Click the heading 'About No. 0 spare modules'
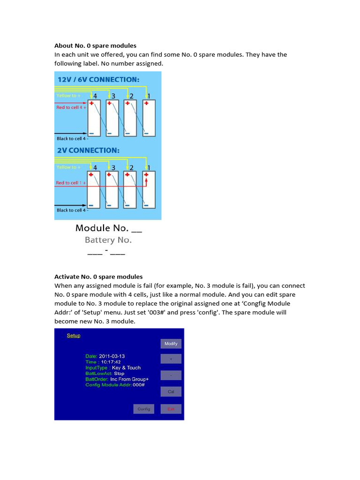[x=95, y=45]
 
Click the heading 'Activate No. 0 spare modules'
[x=98, y=277]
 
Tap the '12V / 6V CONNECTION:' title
[x=98, y=80]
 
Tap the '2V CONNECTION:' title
[x=88, y=150]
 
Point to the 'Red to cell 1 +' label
[x=71, y=183]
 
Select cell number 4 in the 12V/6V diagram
[x=95, y=96]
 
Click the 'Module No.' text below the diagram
[x=108, y=228]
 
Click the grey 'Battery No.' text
[x=108, y=240]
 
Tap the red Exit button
[x=171, y=409]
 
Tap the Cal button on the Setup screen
[x=171, y=391]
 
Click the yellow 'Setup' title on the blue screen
[x=74, y=336]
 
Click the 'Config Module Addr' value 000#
[x=139, y=385]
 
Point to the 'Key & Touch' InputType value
[x=126, y=368]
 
